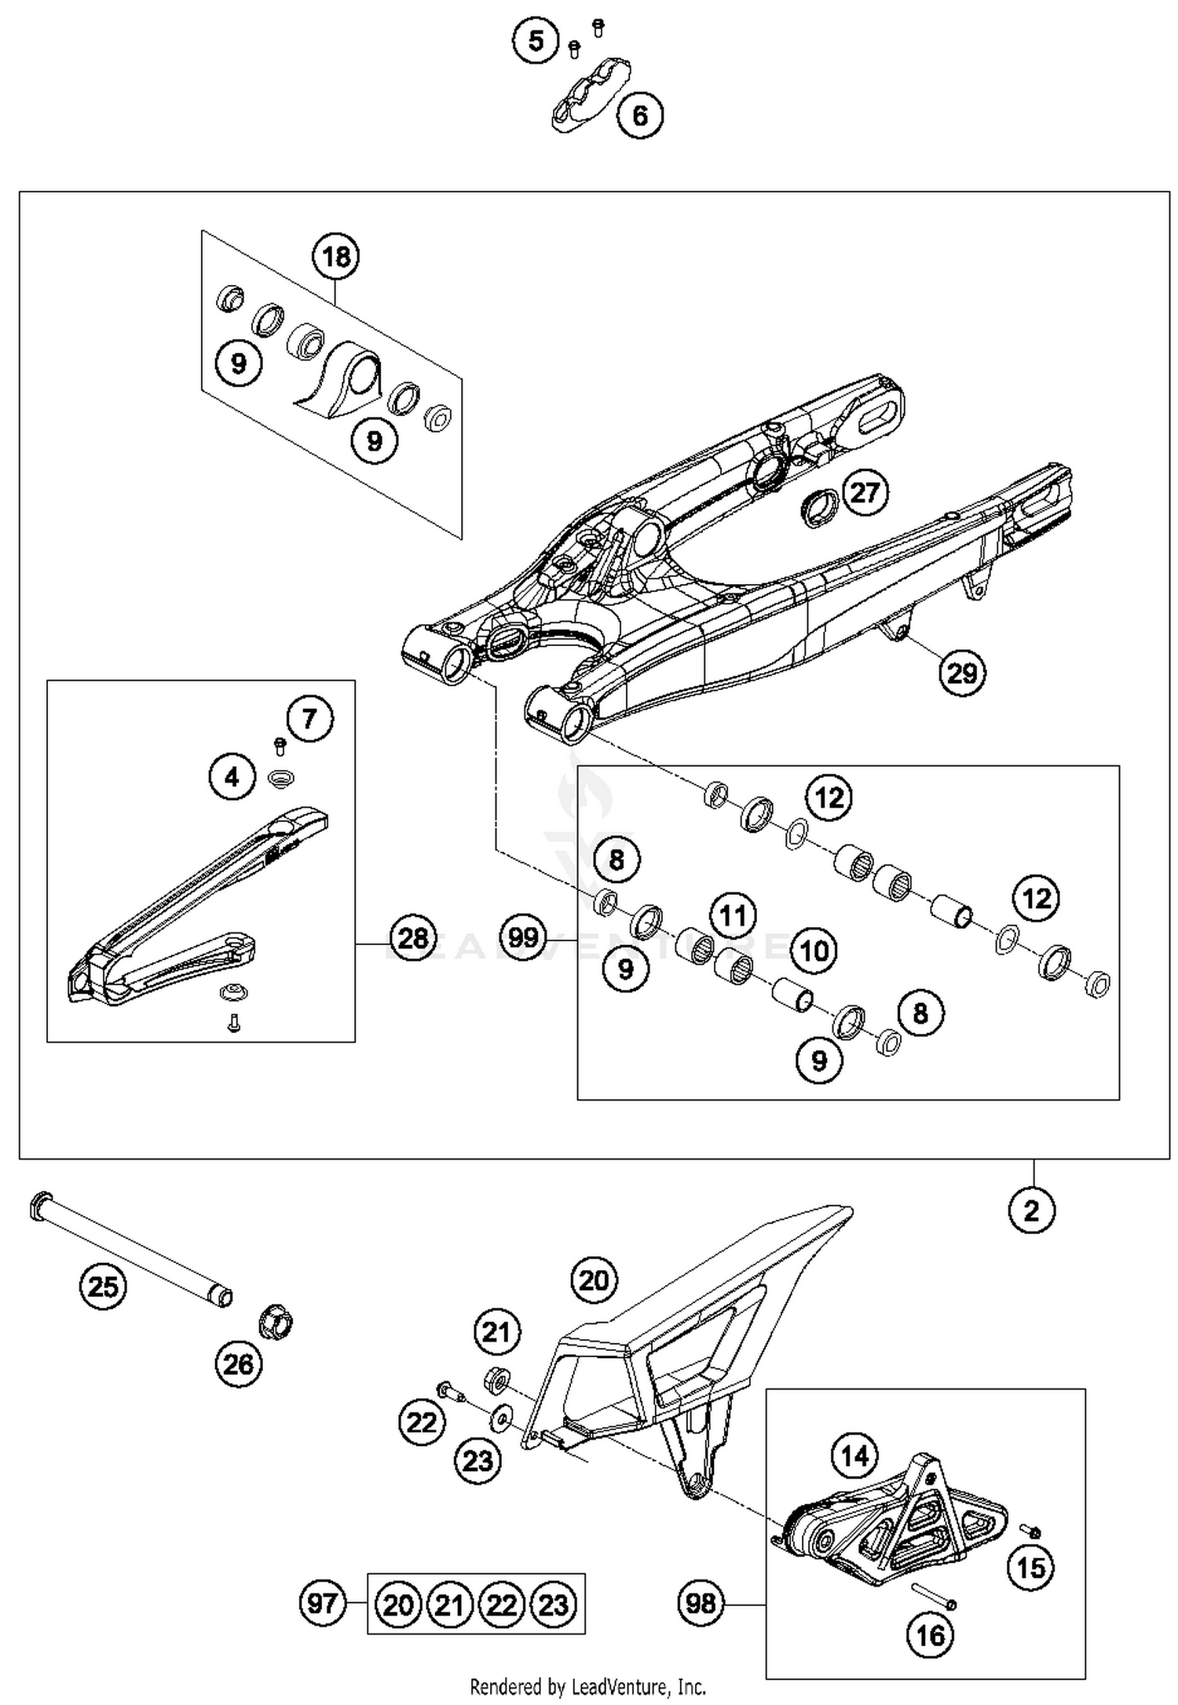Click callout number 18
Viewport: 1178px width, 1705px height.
pos(336,257)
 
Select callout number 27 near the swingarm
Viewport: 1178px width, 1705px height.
pos(865,493)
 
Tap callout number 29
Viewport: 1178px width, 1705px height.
pos(962,673)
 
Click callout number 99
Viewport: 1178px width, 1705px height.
pos(523,937)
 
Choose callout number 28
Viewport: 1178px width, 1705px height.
pos(413,937)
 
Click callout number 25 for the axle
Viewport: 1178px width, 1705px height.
pos(103,1287)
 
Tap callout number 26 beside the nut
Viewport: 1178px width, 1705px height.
pos(238,1364)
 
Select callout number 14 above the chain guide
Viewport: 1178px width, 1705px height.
pos(854,1456)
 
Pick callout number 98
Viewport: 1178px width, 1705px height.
pos(701,1602)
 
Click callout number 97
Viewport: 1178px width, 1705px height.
pos(323,1602)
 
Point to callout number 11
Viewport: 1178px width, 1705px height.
pos(733,915)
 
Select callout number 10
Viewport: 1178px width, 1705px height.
pos(814,951)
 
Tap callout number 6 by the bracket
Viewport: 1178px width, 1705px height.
pos(640,116)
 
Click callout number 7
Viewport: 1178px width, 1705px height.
pos(309,718)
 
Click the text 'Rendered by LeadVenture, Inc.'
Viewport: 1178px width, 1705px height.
pos(587,1686)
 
